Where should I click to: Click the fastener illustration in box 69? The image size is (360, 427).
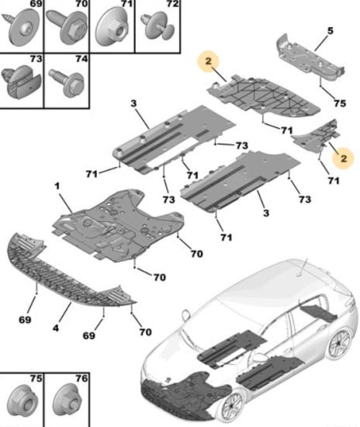pos(22,26)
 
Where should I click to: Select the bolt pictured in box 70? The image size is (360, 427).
pos(66,26)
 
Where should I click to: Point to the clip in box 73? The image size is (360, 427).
pos(21,82)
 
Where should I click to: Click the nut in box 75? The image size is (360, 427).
pos(22,401)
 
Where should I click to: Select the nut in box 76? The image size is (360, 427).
pos(67,401)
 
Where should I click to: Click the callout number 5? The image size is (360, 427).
pos(330,31)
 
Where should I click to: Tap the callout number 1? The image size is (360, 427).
pos(57,186)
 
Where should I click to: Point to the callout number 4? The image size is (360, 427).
pos(56,328)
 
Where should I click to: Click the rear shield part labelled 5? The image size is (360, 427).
pos(310,58)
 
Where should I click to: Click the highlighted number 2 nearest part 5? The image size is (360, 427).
pos(209,61)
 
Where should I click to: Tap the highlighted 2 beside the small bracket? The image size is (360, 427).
pos(344,158)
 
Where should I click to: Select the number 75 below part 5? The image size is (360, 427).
pos(340,103)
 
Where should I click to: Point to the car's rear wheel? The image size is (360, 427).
pos(340,344)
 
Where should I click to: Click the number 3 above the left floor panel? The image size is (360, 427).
pos(133,103)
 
